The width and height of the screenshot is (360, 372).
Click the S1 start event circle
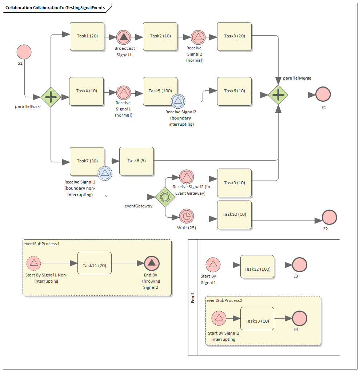(x=24, y=52)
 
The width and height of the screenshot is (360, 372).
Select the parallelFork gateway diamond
(x=51, y=97)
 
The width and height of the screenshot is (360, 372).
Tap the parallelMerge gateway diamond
(x=278, y=95)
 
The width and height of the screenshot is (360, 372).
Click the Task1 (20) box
(x=87, y=36)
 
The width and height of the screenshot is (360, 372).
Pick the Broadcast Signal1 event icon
(x=124, y=37)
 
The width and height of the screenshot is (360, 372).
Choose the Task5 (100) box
(x=160, y=91)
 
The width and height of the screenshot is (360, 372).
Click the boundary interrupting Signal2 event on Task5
(x=179, y=101)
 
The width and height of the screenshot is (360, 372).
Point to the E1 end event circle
(x=323, y=94)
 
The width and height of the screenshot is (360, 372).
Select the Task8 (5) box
(x=136, y=161)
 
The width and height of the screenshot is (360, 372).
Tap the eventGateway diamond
(x=165, y=197)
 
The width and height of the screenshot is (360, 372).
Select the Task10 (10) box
(x=234, y=215)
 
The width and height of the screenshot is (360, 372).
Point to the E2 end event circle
(x=329, y=217)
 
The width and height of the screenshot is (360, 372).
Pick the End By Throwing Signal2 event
(x=152, y=263)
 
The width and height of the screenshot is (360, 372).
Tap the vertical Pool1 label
(x=193, y=298)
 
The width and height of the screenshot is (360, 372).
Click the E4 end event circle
(x=300, y=318)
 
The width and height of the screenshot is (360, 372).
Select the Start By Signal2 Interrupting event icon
(x=219, y=318)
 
